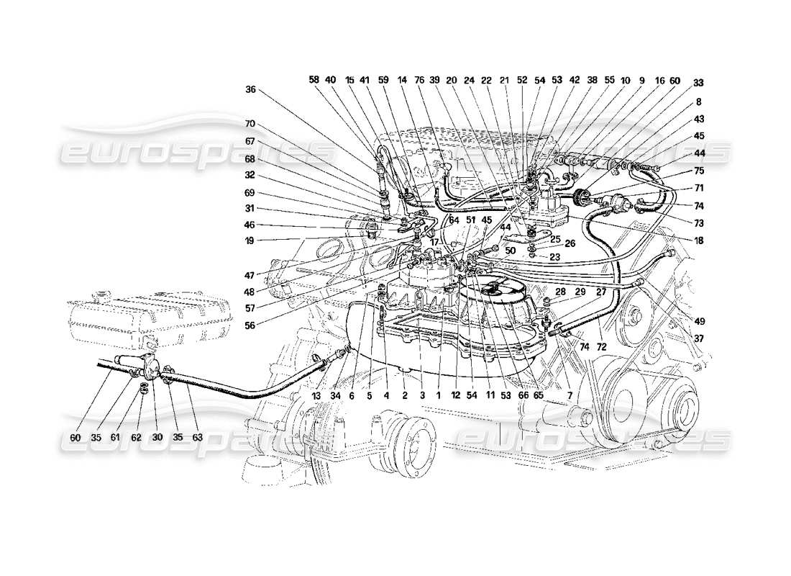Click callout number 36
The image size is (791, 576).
250,90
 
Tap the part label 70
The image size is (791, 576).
250,124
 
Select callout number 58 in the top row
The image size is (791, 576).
314,80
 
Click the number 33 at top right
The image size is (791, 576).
699,83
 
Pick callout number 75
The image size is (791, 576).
699,171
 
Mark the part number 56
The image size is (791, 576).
250,324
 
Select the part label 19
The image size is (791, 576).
250,241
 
